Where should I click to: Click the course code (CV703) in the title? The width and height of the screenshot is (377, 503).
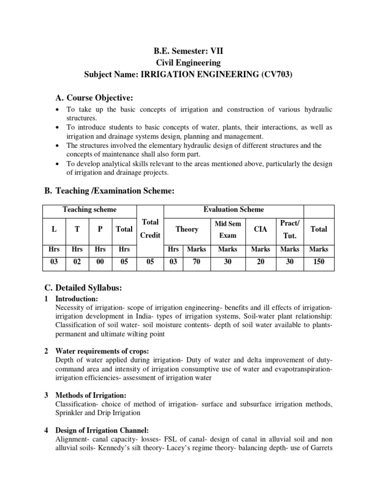pos(279,74)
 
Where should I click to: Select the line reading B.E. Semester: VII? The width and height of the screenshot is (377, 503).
pos(188,51)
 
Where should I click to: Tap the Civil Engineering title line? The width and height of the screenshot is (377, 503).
pos(188,62)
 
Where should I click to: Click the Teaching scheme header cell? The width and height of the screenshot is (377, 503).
pos(89,210)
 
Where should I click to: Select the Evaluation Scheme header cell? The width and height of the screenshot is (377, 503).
pos(234,210)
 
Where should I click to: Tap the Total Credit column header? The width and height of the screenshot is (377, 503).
pos(150,229)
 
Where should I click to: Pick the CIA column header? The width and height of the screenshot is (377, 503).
pos(261,229)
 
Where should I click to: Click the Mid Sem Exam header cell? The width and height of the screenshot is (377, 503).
pos(227,229)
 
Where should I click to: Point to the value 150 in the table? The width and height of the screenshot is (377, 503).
pos(319,262)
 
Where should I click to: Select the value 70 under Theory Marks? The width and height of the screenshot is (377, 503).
pos(196,262)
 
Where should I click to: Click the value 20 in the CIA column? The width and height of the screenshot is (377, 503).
pos(261,262)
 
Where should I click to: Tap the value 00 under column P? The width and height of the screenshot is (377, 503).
pos(100,262)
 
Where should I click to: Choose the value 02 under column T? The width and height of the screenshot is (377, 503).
pos(77,262)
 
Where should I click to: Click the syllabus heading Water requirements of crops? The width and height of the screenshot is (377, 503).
pos(103,351)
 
